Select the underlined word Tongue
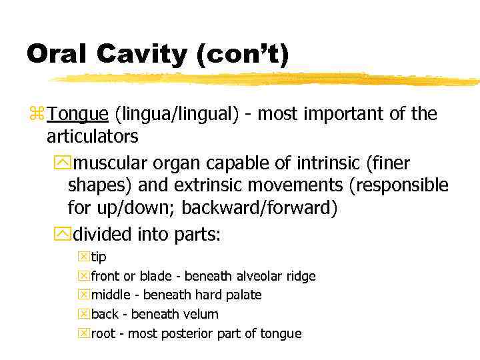click(x=77, y=115)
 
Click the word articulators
click(x=93, y=137)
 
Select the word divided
click(x=102, y=235)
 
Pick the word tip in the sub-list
click(x=98, y=257)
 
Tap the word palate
click(x=241, y=295)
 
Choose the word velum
click(x=201, y=314)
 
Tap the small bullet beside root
click(x=83, y=333)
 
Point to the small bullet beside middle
click(x=83, y=295)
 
